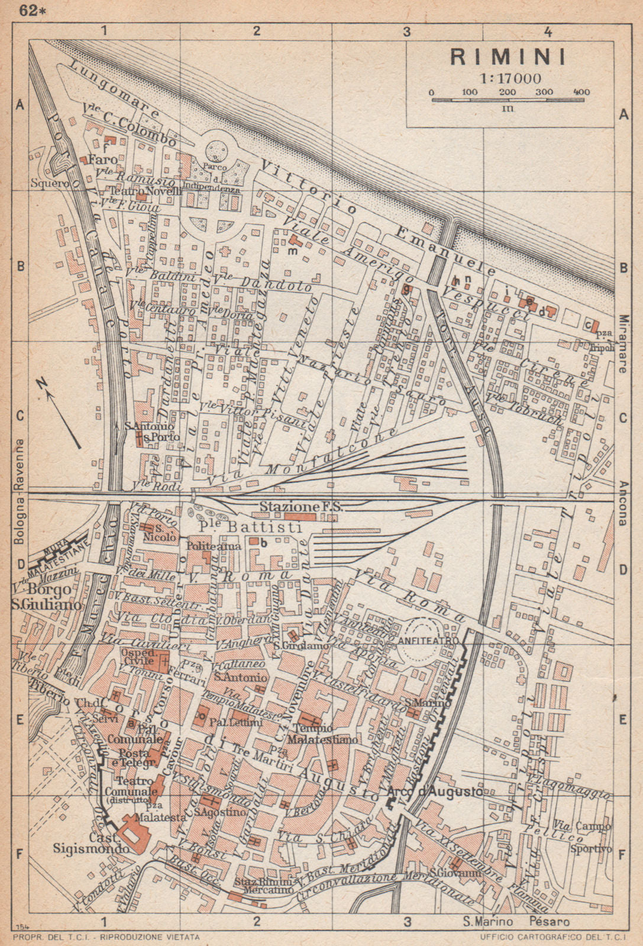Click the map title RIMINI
click(508, 57)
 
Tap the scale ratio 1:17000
click(507, 78)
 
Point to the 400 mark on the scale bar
click(581, 92)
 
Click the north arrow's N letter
click(42, 384)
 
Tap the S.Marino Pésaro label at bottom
click(516, 922)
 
